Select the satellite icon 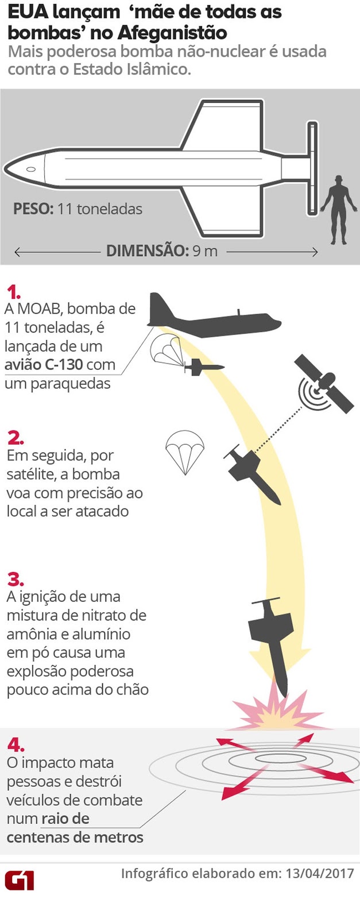[325, 383]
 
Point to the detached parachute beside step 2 [184, 451]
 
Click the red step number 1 [13, 291]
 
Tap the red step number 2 [16, 438]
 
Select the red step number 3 [16, 578]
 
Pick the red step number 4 [16, 745]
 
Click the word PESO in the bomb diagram [33, 208]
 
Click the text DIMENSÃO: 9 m [162, 251]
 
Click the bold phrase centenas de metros [75, 837]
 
